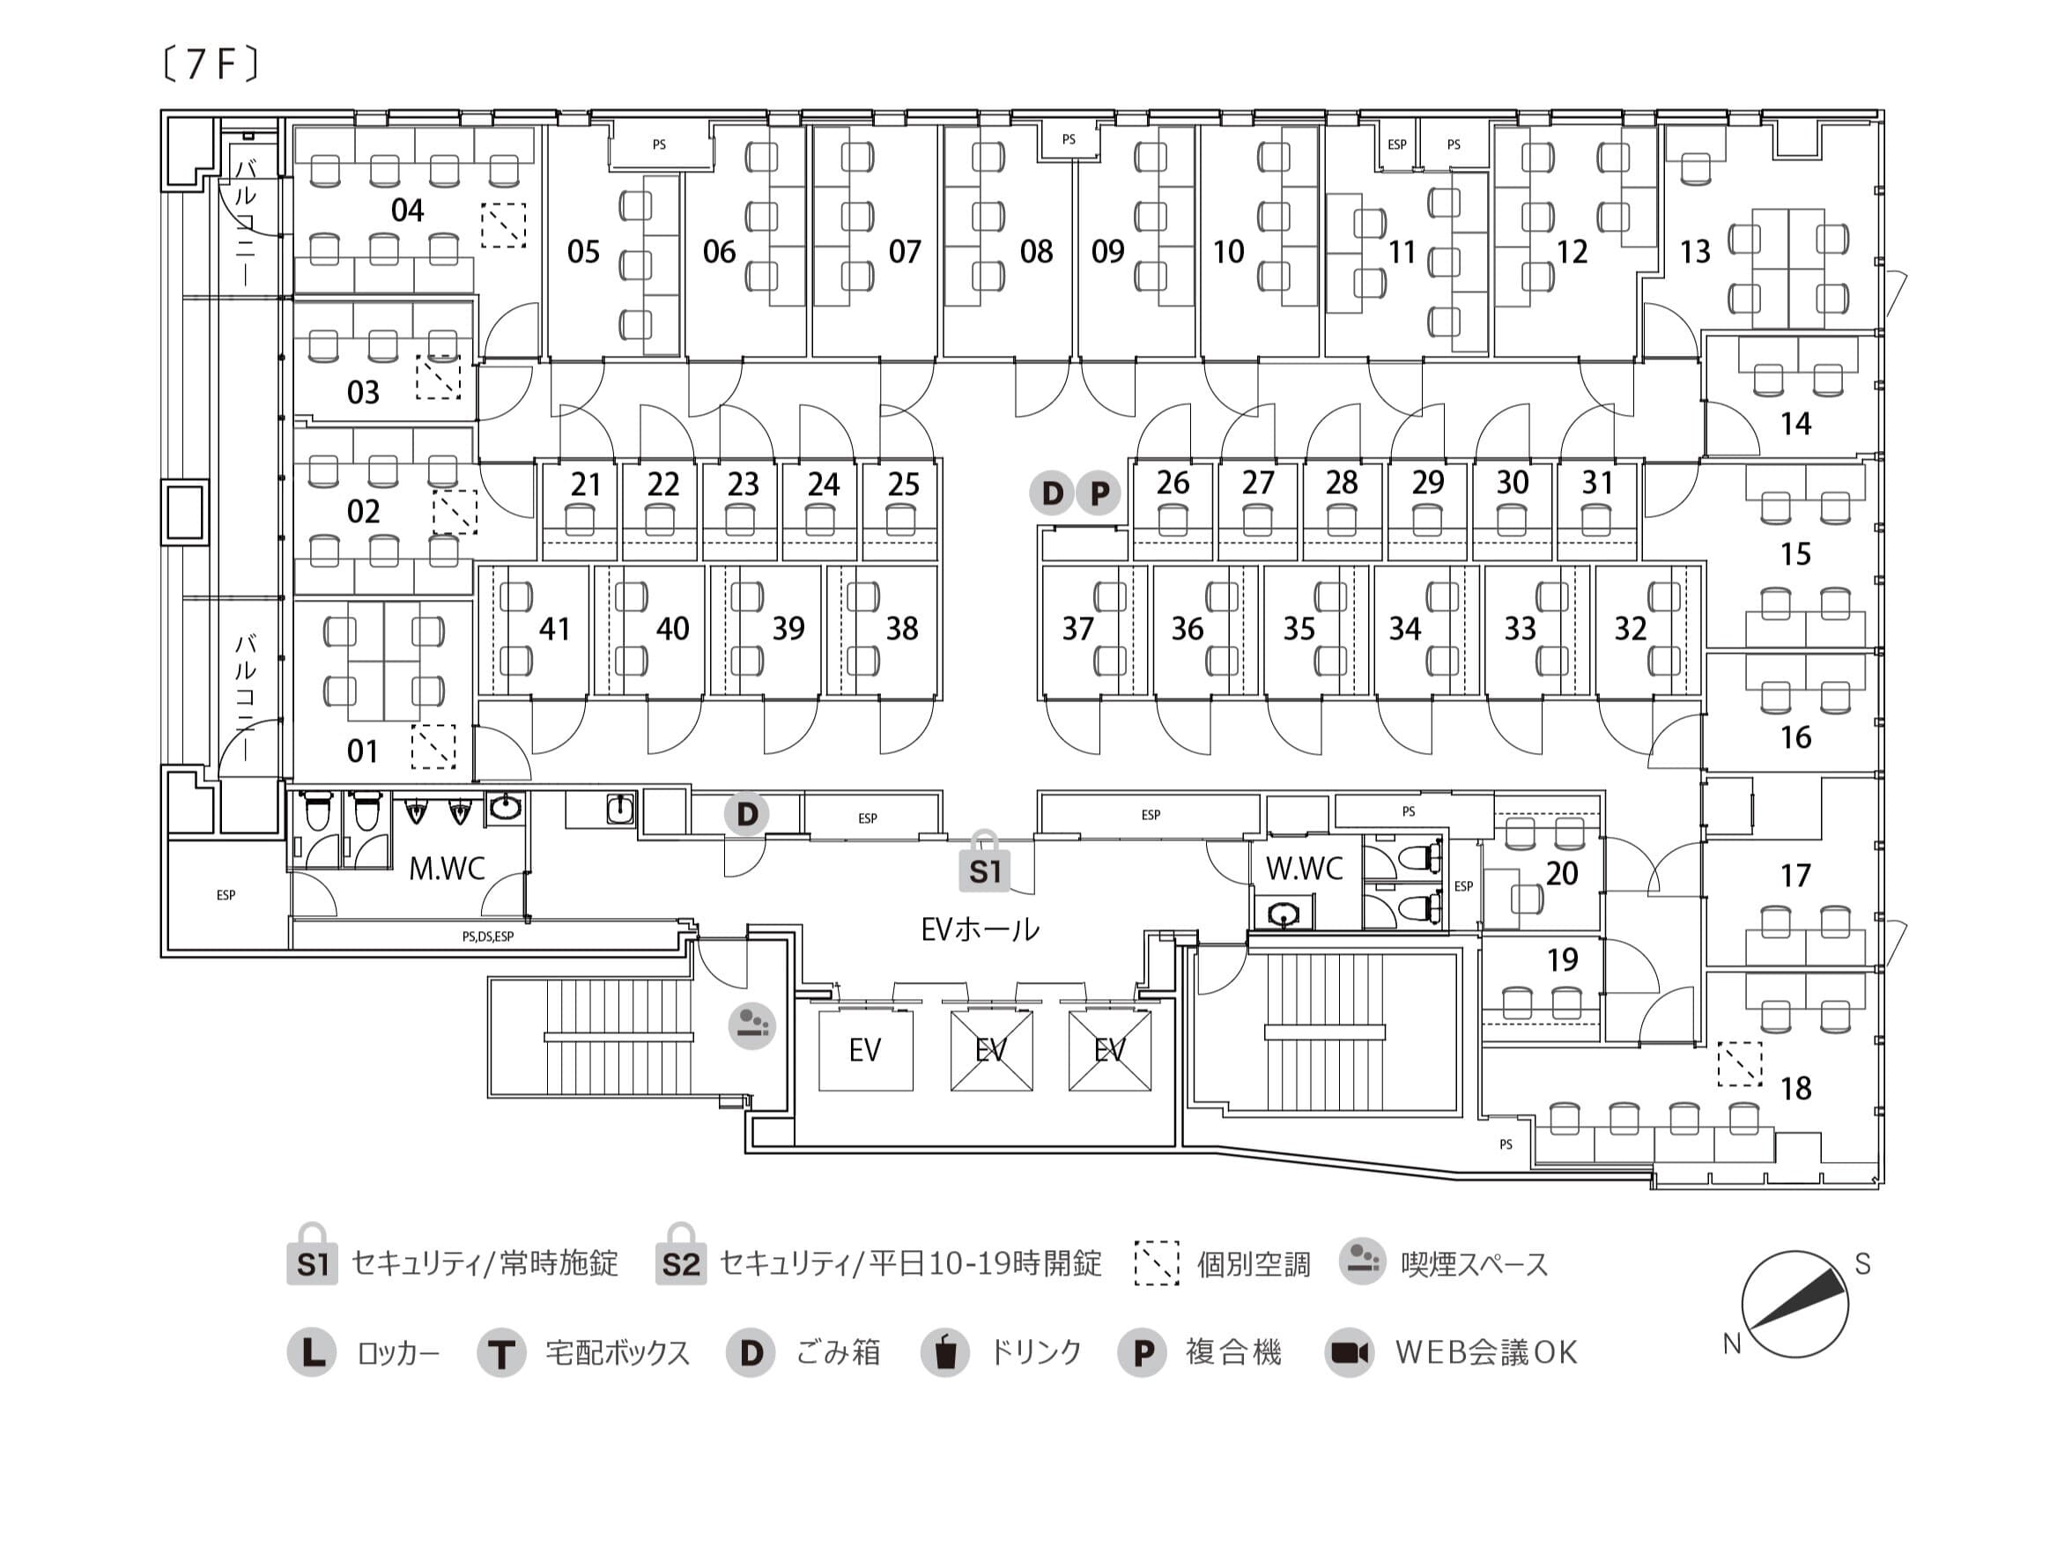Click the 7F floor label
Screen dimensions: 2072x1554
coord(211,64)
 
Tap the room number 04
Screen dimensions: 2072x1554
coord(408,210)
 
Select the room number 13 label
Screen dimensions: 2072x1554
coord(1696,251)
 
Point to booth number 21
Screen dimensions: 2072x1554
coord(586,485)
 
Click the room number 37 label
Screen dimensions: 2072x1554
coord(1077,627)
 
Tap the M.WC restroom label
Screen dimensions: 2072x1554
coord(447,869)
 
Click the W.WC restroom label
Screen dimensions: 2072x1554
coord(1305,869)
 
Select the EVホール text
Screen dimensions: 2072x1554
coord(980,929)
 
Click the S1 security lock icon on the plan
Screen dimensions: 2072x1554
coord(985,861)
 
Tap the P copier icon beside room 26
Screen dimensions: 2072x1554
coord(1099,492)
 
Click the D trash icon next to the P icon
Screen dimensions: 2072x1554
coord(1052,492)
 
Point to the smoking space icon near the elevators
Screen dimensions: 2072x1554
coord(752,1025)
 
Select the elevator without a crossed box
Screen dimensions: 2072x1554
coord(865,1050)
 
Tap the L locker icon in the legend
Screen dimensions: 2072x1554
coord(312,1352)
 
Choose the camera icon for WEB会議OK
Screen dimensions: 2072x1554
coord(1349,1352)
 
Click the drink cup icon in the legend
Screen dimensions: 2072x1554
coord(945,1352)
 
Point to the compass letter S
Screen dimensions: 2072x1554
coord(1862,1264)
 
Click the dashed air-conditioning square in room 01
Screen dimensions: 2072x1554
coord(433,746)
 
